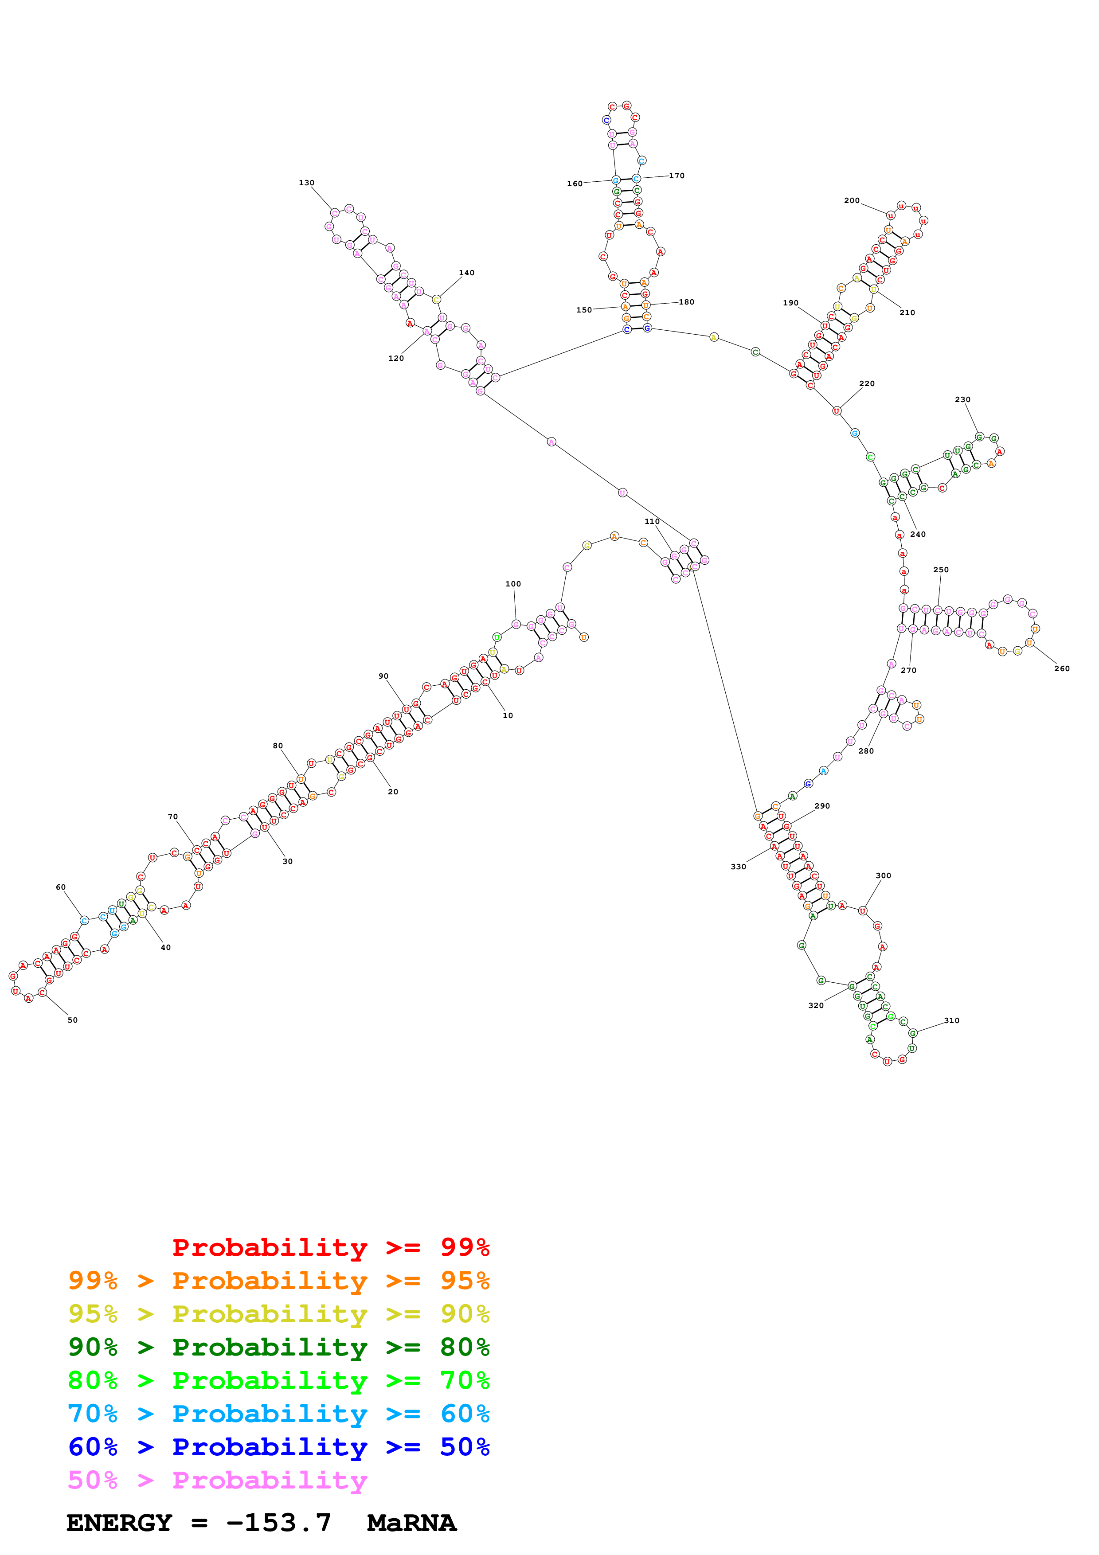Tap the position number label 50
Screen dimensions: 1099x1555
(x=72, y=1020)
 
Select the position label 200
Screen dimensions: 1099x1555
(x=851, y=200)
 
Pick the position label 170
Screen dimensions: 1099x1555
(x=677, y=176)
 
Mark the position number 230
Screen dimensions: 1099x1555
(x=962, y=399)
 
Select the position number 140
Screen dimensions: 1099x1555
(x=466, y=273)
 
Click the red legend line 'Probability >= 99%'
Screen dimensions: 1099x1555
(x=330, y=1247)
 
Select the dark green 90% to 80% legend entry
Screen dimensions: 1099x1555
(x=278, y=1347)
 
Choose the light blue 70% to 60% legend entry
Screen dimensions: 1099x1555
(x=278, y=1414)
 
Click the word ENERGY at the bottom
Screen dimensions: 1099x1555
(x=119, y=1523)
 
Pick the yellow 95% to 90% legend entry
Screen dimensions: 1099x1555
(x=278, y=1314)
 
